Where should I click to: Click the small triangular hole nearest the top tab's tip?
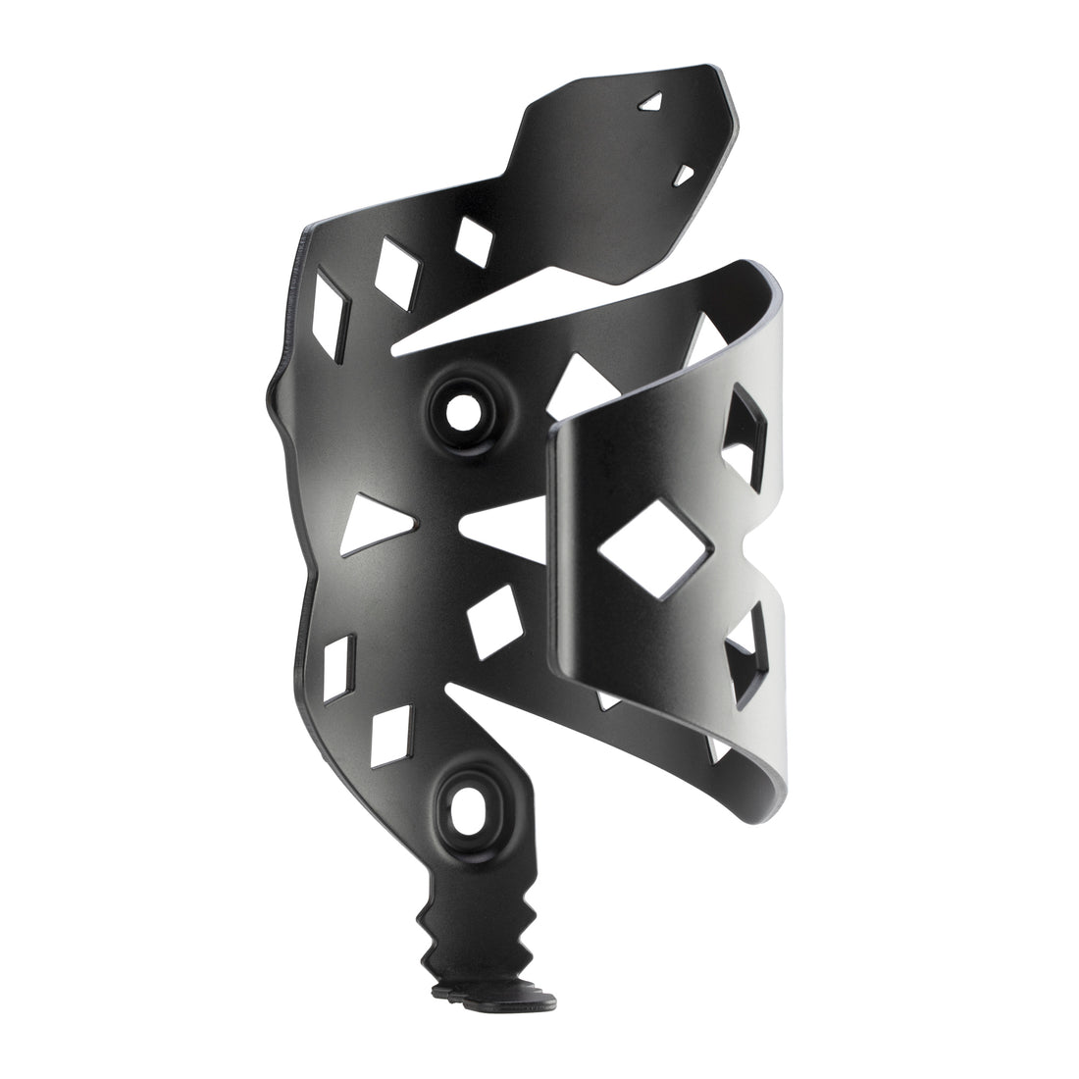click(651, 101)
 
